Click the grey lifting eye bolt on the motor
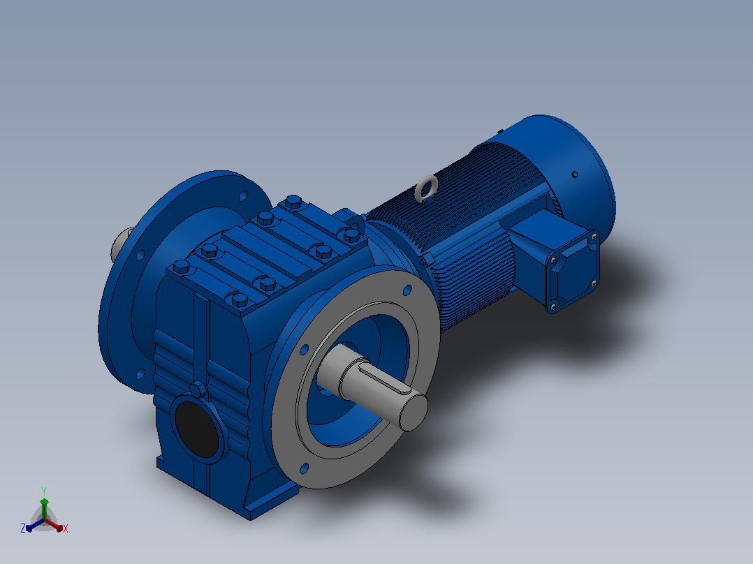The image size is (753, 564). point(426,188)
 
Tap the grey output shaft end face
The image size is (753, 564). point(414,412)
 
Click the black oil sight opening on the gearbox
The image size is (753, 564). point(197,429)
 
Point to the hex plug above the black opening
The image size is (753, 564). point(198,389)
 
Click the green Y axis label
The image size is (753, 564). point(44,491)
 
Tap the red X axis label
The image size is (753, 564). point(66,528)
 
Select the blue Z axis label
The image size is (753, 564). point(23,528)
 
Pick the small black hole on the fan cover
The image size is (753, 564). point(574,175)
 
